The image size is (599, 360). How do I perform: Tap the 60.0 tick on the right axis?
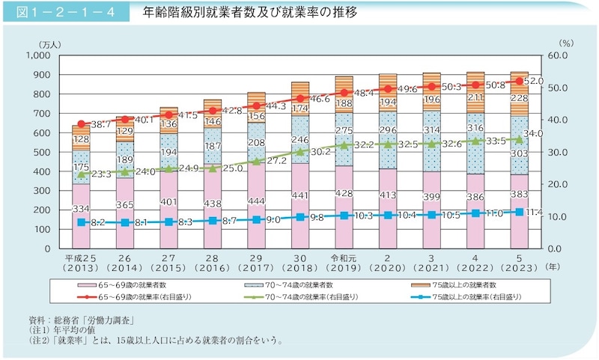point(562,55)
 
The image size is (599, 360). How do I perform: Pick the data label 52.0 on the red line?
point(535,80)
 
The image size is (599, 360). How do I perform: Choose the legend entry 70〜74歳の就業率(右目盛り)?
point(301,297)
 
